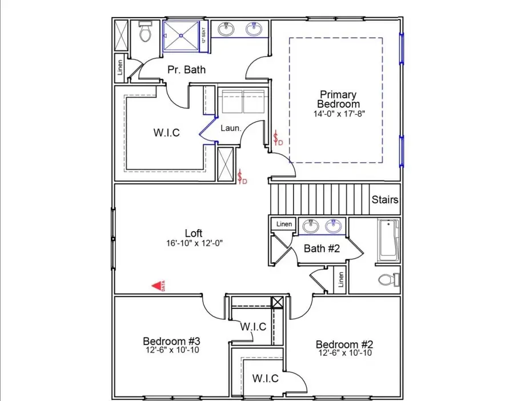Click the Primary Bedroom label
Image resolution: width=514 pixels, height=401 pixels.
point(338,99)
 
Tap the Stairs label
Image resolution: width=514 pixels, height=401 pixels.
point(385,200)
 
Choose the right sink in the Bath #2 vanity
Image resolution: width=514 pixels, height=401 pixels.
point(333,227)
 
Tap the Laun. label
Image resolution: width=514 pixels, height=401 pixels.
point(231,129)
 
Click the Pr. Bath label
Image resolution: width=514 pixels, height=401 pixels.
point(186,70)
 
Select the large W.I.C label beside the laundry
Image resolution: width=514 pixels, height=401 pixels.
point(166,133)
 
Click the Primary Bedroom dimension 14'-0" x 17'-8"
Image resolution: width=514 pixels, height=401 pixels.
point(338,114)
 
